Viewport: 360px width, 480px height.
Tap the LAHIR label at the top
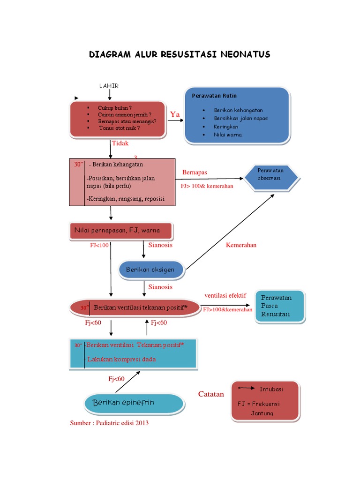click(109, 86)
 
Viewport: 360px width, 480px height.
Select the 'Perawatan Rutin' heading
click(214, 96)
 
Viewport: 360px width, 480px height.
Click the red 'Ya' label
click(175, 114)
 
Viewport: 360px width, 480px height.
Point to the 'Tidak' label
click(120, 143)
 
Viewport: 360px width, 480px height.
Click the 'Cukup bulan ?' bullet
click(115, 107)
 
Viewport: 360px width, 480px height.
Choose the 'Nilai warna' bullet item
click(228, 135)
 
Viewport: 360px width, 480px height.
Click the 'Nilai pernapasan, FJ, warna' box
click(121, 231)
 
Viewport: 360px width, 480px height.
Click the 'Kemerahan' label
click(241, 245)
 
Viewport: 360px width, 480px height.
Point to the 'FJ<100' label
click(99, 245)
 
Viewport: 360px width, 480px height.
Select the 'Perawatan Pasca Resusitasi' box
click(279, 306)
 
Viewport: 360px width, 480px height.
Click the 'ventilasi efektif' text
click(225, 295)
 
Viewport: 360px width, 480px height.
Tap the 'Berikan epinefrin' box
click(134, 403)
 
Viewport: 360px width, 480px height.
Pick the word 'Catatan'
click(211, 394)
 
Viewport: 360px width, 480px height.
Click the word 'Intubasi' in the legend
click(271, 389)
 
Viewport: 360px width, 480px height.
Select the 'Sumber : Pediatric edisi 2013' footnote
click(109, 423)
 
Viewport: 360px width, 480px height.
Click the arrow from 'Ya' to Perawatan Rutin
click(176, 120)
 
